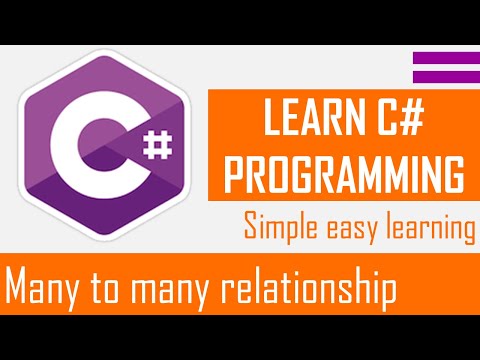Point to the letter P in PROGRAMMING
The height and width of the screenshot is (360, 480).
(234, 174)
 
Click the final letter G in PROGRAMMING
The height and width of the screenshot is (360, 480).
(453, 174)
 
